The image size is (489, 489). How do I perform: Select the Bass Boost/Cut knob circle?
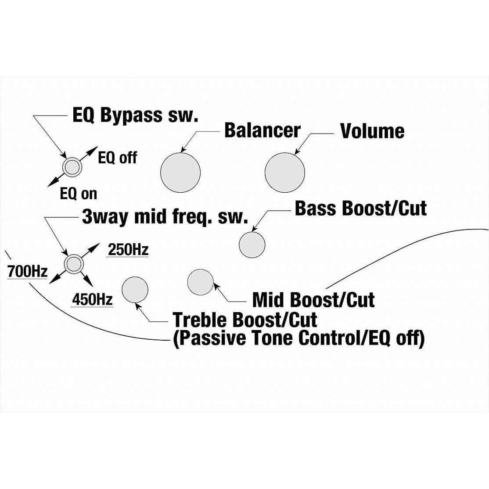click(252, 244)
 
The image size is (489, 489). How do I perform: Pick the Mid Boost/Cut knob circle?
click(200, 283)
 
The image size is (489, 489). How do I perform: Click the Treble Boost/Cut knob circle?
click(135, 290)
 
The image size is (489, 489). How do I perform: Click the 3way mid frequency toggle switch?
click(73, 263)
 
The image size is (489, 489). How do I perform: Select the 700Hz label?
click(27, 272)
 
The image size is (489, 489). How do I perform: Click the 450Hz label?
click(92, 300)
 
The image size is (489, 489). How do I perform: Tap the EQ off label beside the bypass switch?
click(118, 157)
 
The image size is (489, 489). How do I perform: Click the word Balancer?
click(262, 131)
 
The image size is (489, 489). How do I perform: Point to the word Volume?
click(372, 131)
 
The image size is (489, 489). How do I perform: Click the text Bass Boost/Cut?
click(360, 209)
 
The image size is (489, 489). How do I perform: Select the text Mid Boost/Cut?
click(313, 300)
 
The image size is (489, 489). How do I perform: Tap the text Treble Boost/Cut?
click(245, 320)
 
